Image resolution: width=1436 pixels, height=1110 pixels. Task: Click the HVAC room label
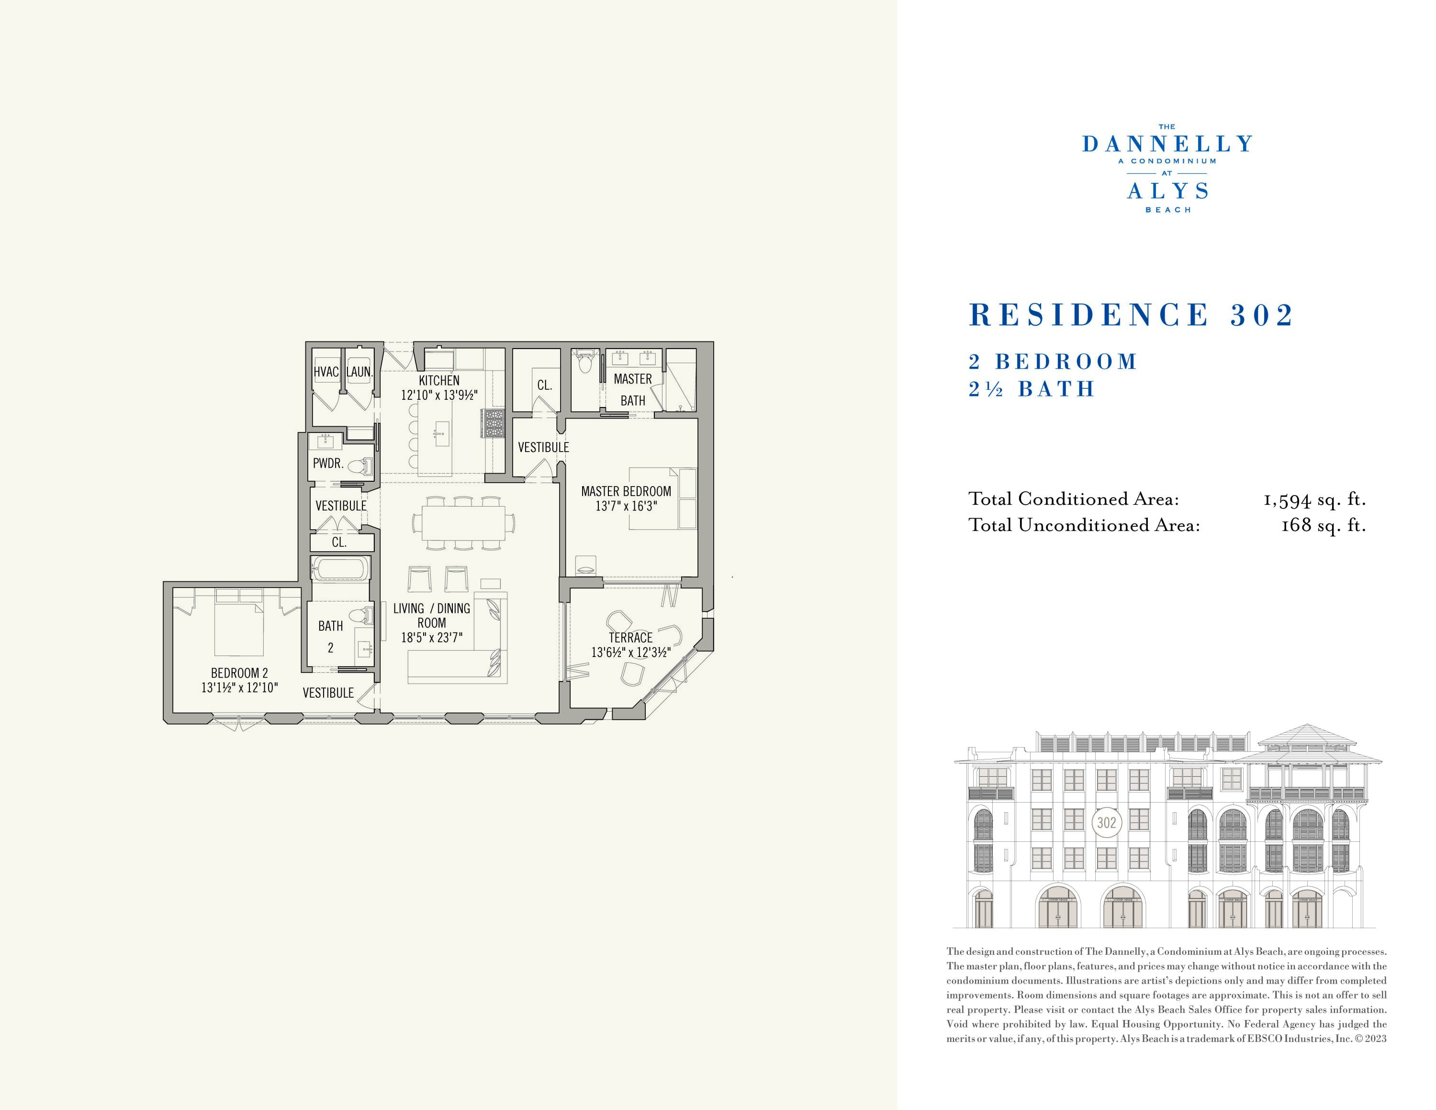tap(325, 372)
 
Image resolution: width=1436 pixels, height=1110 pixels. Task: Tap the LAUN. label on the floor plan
tap(359, 372)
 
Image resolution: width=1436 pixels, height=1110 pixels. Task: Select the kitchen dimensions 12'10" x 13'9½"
tap(439, 395)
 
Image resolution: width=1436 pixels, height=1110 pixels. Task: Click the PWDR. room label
tap(328, 464)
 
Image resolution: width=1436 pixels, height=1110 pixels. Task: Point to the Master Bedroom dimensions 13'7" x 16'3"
tap(626, 506)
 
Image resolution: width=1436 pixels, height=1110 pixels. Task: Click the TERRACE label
tap(630, 638)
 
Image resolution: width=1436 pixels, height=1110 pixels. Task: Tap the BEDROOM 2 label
tap(239, 673)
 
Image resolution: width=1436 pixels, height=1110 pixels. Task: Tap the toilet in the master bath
tap(584, 362)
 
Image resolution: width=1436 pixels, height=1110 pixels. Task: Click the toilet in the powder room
tap(359, 466)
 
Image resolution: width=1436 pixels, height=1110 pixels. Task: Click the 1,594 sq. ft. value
tap(1314, 500)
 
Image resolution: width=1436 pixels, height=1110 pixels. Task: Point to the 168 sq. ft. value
tap(1323, 525)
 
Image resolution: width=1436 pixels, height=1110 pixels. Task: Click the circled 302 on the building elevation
tap(1107, 823)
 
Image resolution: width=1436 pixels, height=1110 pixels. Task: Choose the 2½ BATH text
tap(1031, 389)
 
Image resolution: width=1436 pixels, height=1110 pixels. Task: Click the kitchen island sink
tap(440, 433)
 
